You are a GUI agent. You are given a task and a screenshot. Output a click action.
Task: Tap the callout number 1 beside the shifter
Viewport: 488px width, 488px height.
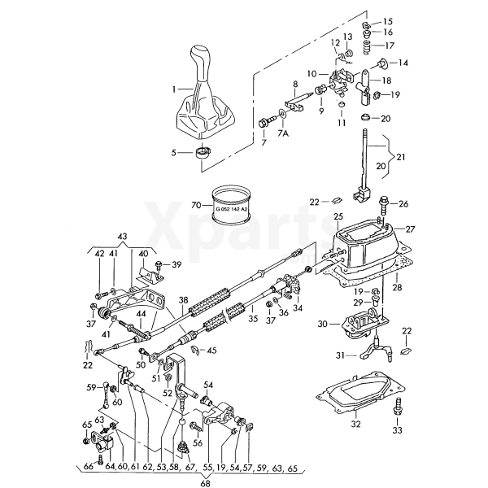click(173, 88)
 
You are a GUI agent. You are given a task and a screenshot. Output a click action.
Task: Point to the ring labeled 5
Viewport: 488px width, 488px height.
click(203, 152)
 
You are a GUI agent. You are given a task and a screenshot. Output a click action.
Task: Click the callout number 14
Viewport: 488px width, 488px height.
click(403, 63)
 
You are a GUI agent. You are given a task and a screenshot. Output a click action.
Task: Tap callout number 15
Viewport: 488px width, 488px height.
click(388, 21)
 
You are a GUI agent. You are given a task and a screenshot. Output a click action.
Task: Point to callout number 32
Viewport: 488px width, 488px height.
click(355, 424)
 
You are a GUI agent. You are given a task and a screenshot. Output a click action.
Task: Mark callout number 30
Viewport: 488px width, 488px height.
click(322, 324)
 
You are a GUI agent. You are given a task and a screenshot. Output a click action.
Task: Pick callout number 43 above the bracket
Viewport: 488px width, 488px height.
click(123, 236)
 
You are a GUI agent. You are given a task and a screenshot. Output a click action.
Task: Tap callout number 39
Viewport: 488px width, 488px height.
click(176, 264)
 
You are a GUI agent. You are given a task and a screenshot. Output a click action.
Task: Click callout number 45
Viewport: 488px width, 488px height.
click(212, 351)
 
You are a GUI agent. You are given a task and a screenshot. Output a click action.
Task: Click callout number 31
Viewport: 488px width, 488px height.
click(341, 355)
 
